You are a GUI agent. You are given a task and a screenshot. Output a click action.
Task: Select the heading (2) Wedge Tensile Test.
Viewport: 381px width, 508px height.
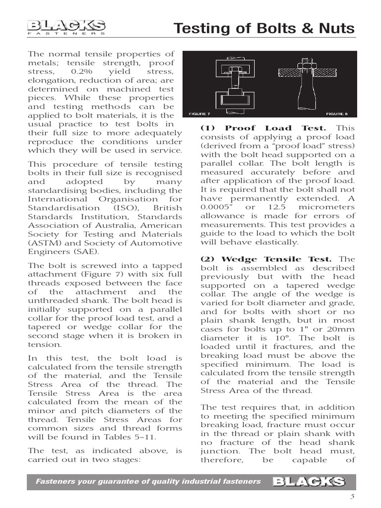pos(266,259)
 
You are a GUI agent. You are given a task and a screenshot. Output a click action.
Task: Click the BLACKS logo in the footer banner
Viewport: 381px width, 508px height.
pos(308,481)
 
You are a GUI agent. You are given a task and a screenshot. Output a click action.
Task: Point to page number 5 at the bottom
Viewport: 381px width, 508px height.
pos(353,498)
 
